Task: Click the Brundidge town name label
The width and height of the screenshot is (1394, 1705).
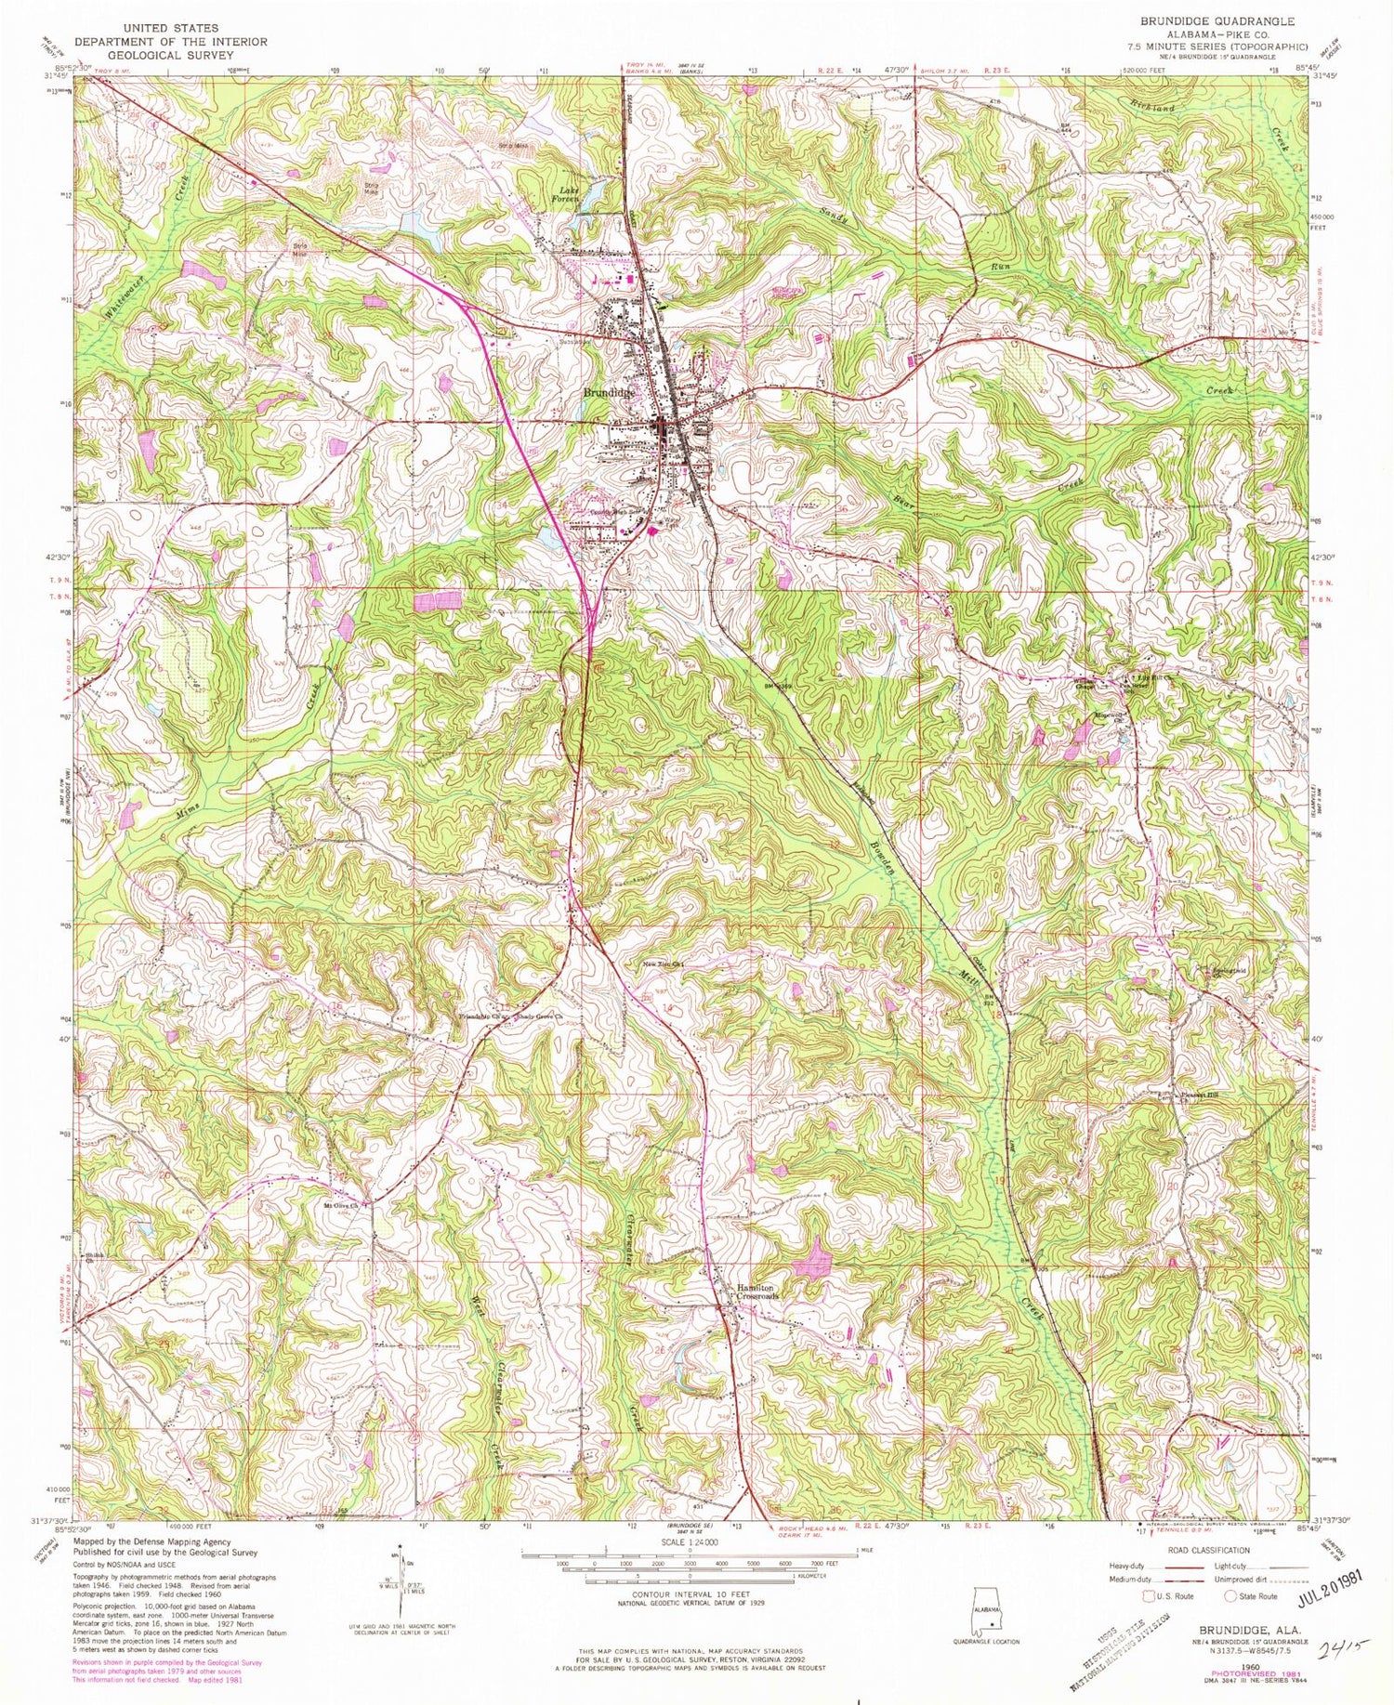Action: pyautogui.click(x=609, y=392)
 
